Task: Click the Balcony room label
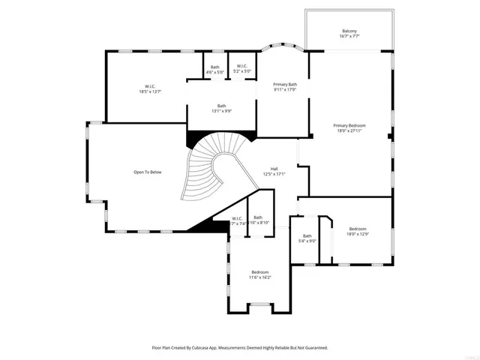[349, 31]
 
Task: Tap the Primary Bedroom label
[349, 124]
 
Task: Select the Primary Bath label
[285, 84]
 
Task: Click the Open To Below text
[147, 172]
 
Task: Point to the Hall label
[274, 168]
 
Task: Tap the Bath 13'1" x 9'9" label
[222, 106]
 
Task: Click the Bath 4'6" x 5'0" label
[215, 67]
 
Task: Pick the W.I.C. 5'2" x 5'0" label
[241, 67]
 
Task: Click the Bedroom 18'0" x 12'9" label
[357, 229]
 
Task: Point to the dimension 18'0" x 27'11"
[349, 130]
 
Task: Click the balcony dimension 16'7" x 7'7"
[349, 36]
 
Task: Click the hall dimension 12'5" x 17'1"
[274, 174]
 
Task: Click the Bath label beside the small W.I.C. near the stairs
[258, 218]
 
